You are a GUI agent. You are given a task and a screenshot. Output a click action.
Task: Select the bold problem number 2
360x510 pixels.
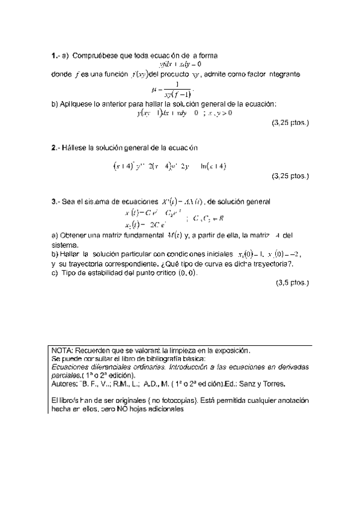pos(54,147)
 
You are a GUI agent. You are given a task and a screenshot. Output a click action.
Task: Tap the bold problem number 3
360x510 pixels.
pos(54,201)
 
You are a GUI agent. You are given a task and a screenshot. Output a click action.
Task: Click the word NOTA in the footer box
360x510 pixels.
pos(61,350)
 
